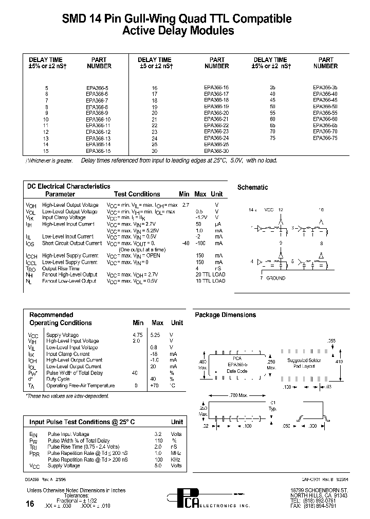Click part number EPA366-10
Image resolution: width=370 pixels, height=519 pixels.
click(x=98, y=119)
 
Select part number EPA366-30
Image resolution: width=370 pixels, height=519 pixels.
click(x=216, y=151)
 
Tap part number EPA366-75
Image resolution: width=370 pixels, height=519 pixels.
click(x=325, y=138)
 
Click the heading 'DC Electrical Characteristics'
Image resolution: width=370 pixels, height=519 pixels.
click(x=68, y=187)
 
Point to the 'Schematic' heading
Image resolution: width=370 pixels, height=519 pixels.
click(x=252, y=188)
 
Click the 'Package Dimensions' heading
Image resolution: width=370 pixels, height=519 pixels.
click(x=225, y=315)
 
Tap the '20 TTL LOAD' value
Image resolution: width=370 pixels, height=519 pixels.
click(x=210, y=275)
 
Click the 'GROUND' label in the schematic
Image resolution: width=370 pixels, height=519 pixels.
click(x=275, y=278)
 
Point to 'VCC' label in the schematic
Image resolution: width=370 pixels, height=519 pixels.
click(x=269, y=210)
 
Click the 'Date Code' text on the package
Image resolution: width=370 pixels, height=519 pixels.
click(x=237, y=371)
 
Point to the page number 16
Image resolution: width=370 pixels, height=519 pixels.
click(x=30, y=504)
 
